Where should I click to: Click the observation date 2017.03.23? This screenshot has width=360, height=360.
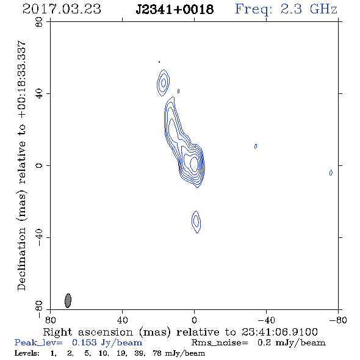pyautogui.click(x=62, y=9)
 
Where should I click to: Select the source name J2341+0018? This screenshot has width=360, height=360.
pyautogui.click(x=175, y=9)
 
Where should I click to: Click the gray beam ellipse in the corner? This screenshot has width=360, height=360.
pyautogui.click(x=68, y=300)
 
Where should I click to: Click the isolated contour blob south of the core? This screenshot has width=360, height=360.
pyautogui.click(x=196, y=221)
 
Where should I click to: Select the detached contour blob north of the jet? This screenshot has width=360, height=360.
pyautogui.click(x=164, y=82)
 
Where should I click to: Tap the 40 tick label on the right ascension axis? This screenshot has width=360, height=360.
pyautogui.click(x=122, y=320)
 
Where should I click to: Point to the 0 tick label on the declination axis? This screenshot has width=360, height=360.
pyautogui.click(x=39, y=165)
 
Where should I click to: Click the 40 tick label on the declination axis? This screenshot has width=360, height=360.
pyautogui.click(x=39, y=94)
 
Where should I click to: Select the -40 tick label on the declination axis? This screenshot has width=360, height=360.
pyautogui.click(x=39, y=237)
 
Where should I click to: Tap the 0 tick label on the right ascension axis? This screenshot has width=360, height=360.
pyautogui.click(x=194, y=320)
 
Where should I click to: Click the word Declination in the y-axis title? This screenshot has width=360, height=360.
pyautogui.click(x=21, y=259)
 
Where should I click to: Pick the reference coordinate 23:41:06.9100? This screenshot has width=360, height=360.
pyautogui.click(x=279, y=332)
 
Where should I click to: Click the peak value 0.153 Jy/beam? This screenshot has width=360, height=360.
pyautogui.click(x=107, y=342)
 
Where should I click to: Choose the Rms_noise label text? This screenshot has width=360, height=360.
pyautogui.click(x=220, y=343)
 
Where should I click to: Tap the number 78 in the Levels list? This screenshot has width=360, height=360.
pyautogui.click(x=157, y=353)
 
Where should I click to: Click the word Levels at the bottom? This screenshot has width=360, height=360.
pyautogui.click(x=27, y=353)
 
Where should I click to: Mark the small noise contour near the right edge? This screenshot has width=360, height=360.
pyautogui.click(x=331, y=173)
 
